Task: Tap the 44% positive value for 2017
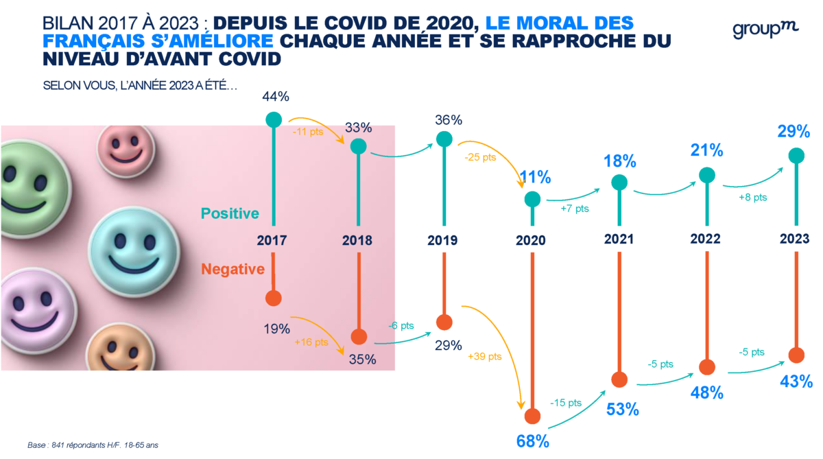point(273,99)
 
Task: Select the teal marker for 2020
point(532,199)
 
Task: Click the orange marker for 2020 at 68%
point(532,416)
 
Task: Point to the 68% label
point(533,440)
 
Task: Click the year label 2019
point(443,240)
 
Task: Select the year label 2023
point(795,239)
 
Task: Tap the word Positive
point(230,213)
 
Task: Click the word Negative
point(232,269)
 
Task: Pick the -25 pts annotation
point(480,157)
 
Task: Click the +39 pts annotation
point(485,357)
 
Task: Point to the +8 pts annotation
point(752,197)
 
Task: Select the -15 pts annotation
point(565,403)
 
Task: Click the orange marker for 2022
point(706,366)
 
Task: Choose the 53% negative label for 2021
point(622,409)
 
